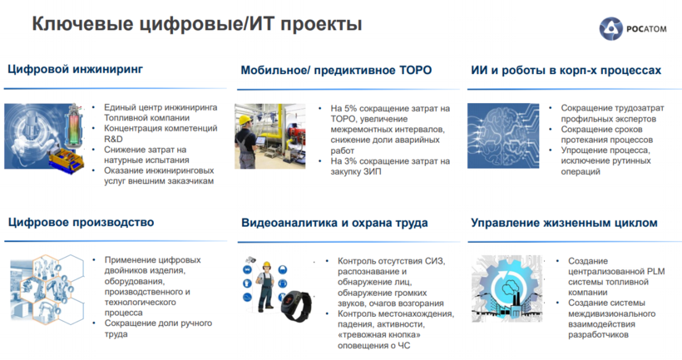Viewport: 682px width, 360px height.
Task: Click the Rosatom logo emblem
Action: (610, 29)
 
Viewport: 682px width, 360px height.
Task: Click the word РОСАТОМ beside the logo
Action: (646, 29)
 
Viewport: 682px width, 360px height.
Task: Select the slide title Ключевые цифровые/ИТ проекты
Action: (197, 24)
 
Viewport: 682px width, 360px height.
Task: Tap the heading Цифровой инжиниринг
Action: (75, 70)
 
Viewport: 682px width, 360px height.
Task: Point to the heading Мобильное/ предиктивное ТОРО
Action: (336, 71)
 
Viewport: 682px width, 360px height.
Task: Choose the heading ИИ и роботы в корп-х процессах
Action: (566, 71)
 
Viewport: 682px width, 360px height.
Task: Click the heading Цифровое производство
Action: (81, 222)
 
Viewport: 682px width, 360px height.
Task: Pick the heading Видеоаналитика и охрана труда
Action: (334, 223)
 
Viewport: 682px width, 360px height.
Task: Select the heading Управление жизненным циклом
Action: (564, 223)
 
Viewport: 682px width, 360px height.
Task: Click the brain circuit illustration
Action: (503, 136)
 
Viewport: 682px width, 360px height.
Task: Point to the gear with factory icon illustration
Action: (507, 288)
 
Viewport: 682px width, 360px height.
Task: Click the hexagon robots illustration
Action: (47, 288)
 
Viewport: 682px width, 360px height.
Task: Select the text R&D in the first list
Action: (113, 139)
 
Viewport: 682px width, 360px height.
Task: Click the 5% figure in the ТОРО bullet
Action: (351, 108)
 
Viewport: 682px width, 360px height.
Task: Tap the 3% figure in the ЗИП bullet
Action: (351, 161)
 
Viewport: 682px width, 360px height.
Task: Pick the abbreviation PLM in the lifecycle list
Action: (655, 271)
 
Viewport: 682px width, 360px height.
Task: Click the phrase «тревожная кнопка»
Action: (379, 335)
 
